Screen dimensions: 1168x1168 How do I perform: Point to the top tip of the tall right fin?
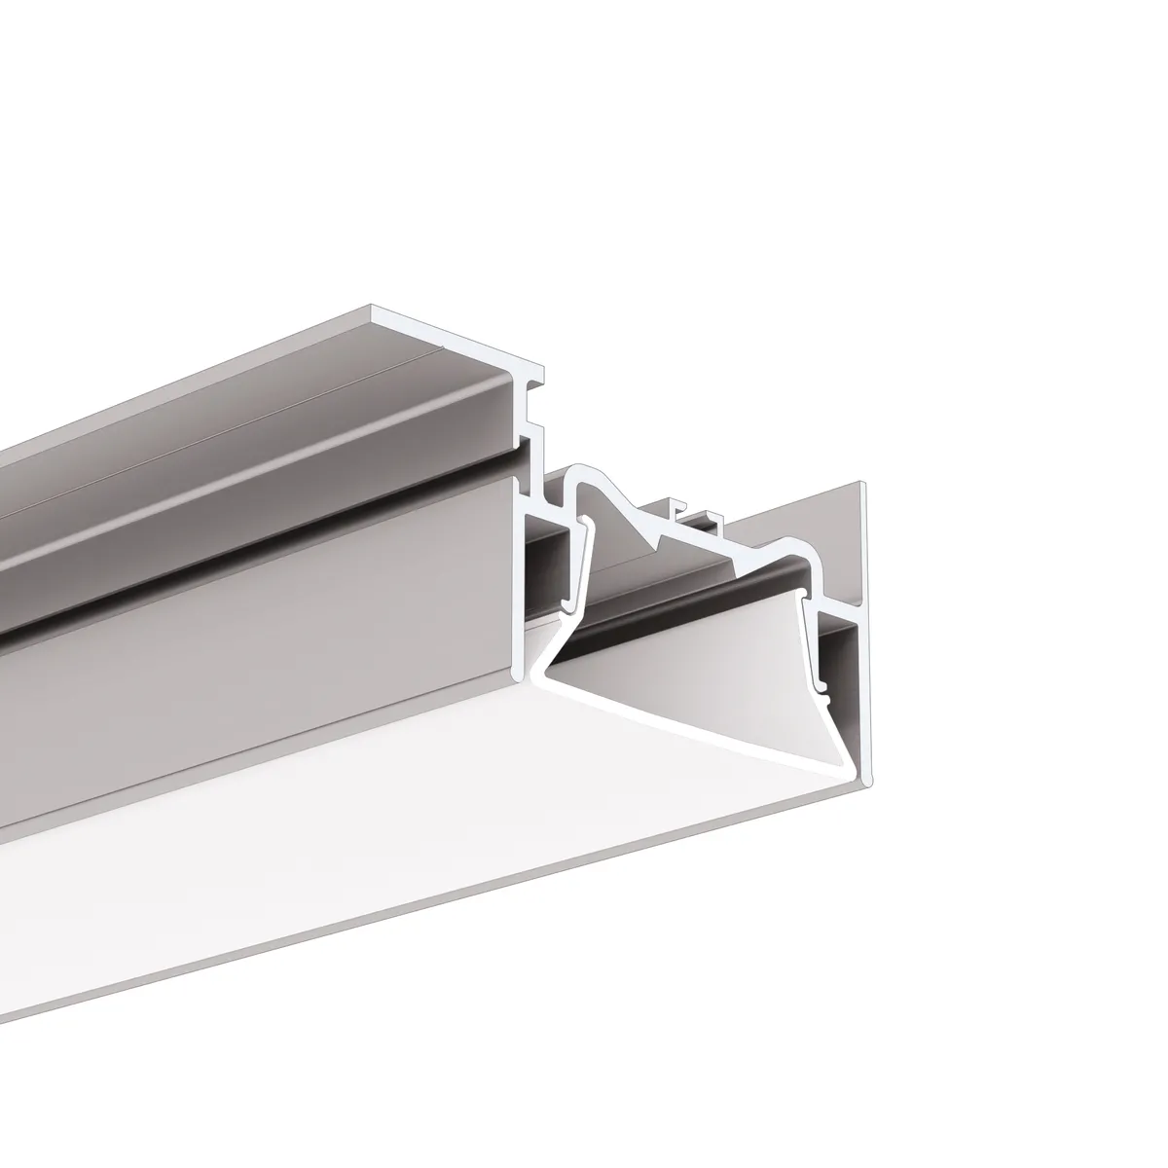tap(861, 485)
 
